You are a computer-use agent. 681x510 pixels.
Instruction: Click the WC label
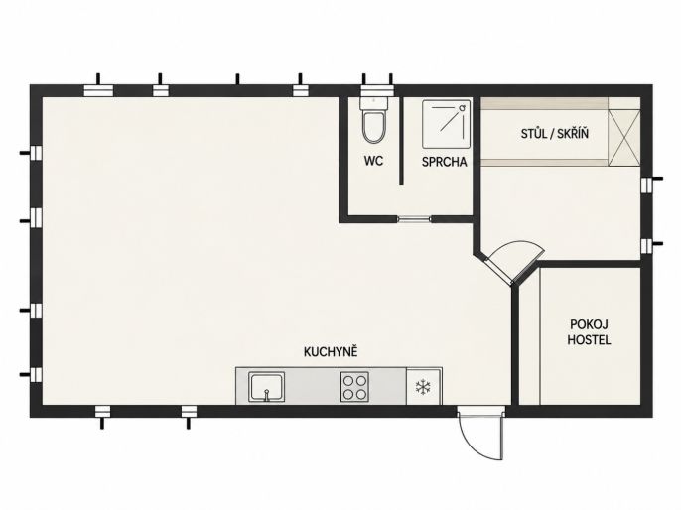coord(373,161)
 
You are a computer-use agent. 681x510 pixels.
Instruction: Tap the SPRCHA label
coord(445,162)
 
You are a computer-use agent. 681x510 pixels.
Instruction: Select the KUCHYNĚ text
coord(331,351)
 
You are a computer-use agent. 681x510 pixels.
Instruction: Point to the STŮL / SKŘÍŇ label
coord(555,133)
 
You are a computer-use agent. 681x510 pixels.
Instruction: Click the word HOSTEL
coord(589,340)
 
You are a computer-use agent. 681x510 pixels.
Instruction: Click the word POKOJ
coord(589,324)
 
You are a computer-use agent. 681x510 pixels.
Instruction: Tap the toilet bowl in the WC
coord(374,127)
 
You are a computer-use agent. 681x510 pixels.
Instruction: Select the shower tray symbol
coord(446,125)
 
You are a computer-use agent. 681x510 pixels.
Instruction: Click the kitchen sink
coord(266,387)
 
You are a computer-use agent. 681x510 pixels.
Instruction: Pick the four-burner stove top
coord(354,387)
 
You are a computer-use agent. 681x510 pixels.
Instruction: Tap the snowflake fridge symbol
coord(423,387)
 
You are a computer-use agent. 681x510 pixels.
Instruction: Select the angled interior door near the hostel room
coord(499,272)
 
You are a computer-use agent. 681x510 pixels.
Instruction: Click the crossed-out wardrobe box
coord(624,138)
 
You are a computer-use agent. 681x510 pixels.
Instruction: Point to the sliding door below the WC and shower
coord(414,219)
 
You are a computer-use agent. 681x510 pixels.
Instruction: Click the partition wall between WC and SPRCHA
coord(402,141)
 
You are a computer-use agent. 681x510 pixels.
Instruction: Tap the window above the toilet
coord(377,90)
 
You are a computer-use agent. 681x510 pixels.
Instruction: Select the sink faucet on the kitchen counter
coord(267,395)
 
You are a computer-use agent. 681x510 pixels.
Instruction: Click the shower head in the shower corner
coord(464,106)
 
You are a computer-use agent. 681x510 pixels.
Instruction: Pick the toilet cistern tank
coord(374,104)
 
